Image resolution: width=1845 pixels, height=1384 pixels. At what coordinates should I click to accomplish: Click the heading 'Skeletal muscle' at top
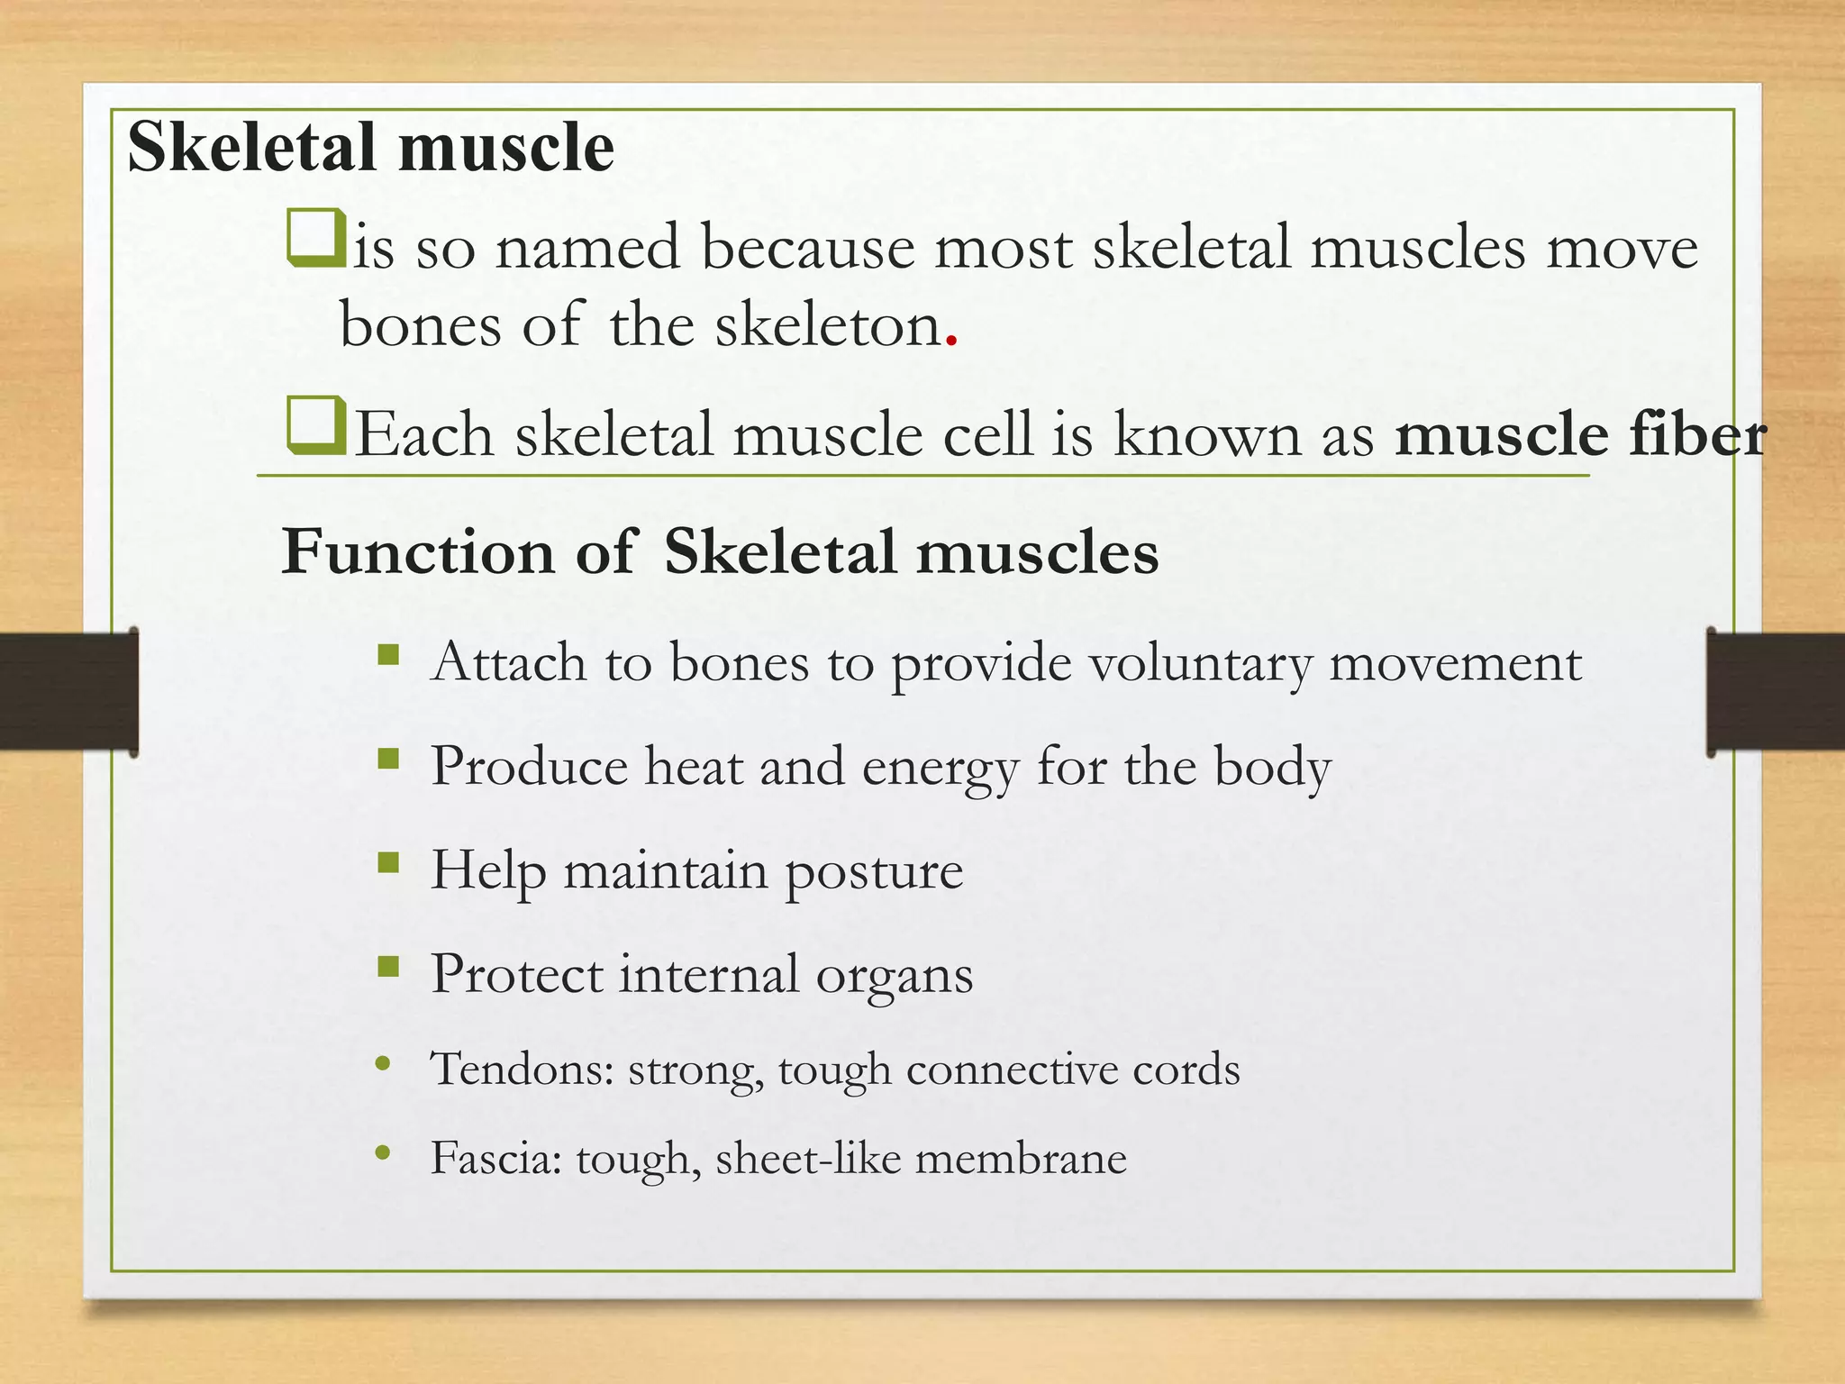click(370, 147)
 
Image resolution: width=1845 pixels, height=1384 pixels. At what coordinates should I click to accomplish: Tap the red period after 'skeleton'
click(951, 341)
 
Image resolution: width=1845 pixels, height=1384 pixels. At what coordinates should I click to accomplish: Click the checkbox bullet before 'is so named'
click(315, 239)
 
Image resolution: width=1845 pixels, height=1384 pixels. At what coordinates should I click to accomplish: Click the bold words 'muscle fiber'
click(1579, 434)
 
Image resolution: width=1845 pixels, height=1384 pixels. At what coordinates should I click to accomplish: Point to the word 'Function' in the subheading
click(417, 551)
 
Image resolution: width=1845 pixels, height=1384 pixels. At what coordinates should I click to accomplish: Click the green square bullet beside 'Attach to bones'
click(388, 654)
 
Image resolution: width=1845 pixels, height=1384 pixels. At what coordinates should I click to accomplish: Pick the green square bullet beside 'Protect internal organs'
click(388, 968)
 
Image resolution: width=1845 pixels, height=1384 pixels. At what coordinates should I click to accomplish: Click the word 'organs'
click(894, 976)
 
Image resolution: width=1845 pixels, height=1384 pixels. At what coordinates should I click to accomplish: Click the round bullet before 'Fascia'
click(383, 1152)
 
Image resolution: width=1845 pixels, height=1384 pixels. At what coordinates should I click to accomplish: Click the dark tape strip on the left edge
click(68, 692)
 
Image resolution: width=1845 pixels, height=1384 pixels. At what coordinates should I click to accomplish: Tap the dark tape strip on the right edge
click(1775, 692)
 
